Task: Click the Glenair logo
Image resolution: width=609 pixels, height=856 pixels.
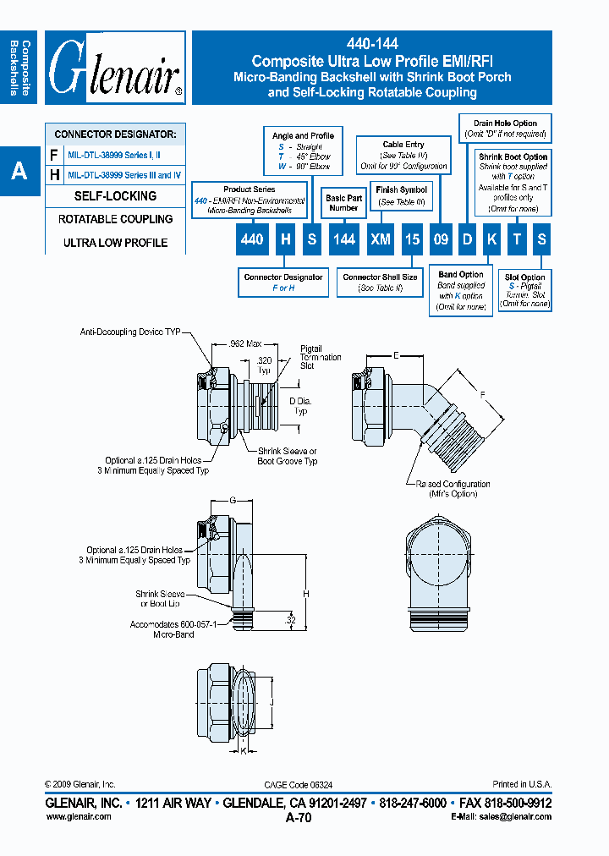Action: coord(115,68)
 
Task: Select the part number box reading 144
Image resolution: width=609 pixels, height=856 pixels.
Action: coord(343,239)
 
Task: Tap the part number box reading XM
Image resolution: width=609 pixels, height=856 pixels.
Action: coord(381,239)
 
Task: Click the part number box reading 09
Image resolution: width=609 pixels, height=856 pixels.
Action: coord(440,239)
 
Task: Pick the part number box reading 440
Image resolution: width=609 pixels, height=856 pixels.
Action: coord(252,239)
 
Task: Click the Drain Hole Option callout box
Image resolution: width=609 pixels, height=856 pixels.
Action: coord(505,129)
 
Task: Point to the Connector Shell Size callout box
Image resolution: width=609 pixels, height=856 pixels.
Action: coord(380,283)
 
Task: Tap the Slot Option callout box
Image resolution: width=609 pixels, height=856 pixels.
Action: coord(524,290)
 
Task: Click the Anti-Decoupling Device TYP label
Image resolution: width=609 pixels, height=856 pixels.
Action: coord(130,332)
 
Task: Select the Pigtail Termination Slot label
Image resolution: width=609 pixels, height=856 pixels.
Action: coord(320,356)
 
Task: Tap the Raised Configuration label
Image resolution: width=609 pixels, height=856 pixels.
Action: coord(453,488)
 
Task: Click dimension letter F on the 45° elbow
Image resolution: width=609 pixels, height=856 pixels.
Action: coord(483,394)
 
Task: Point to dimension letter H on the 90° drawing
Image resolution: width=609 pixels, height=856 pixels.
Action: coord(306,594)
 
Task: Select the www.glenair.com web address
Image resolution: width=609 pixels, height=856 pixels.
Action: coord(78,816)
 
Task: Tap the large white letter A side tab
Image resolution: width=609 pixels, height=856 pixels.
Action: coord(19,172)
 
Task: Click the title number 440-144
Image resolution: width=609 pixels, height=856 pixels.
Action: coord(372,44)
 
